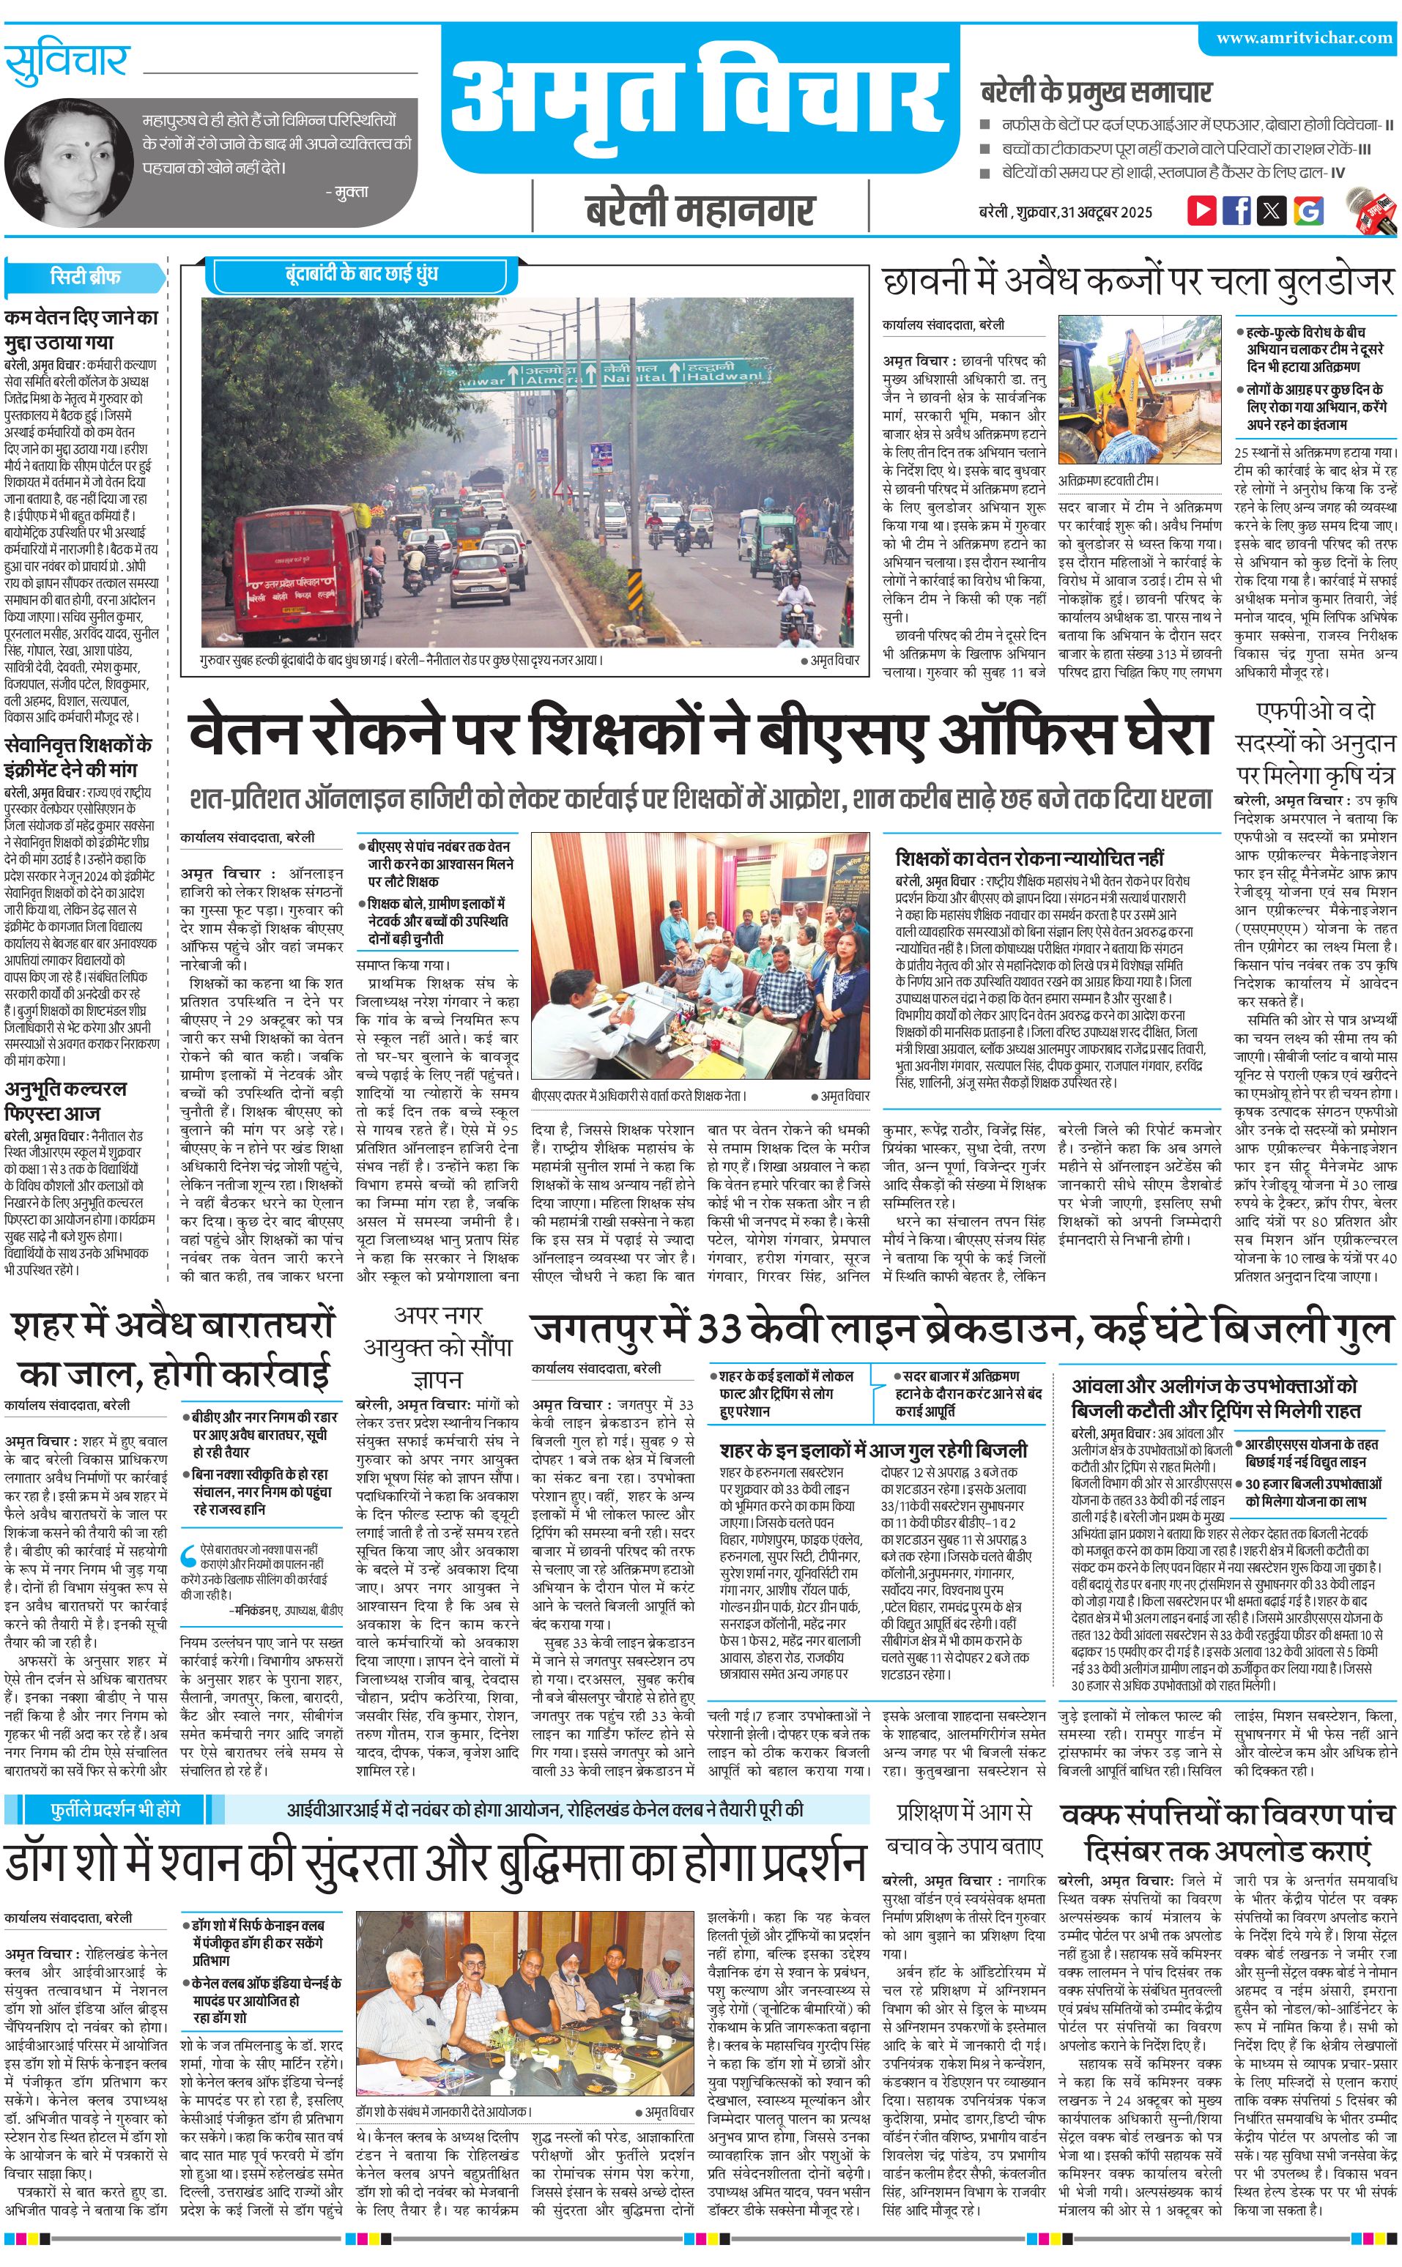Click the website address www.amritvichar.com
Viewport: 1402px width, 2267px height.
[x=1304, y=38]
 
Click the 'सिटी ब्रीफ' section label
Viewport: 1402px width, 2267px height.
[x=84, y=276]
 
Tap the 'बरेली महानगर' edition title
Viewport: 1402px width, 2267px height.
[x=700, y=209]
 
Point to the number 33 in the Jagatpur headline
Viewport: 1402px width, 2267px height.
[x=718, y=1329]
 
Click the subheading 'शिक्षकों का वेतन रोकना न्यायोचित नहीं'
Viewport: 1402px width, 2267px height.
[x=1029, y=858]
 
